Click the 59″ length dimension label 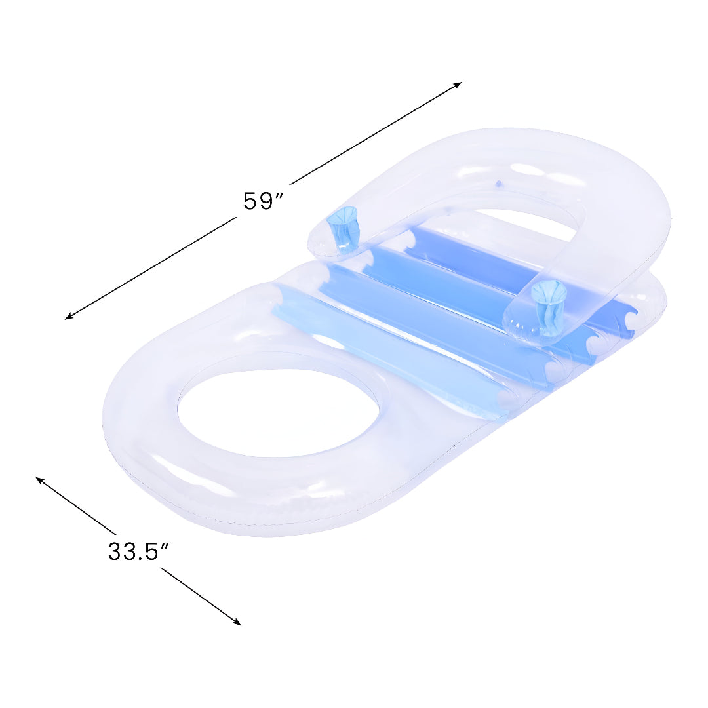[x=264, y=201]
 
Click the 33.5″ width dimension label [x=138, y=551]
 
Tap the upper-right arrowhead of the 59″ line [x=458, y=84]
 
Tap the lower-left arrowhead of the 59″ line [x=69, y=317]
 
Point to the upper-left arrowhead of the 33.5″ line [x=40, y=480]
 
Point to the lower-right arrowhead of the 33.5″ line [x=237, y=622]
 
